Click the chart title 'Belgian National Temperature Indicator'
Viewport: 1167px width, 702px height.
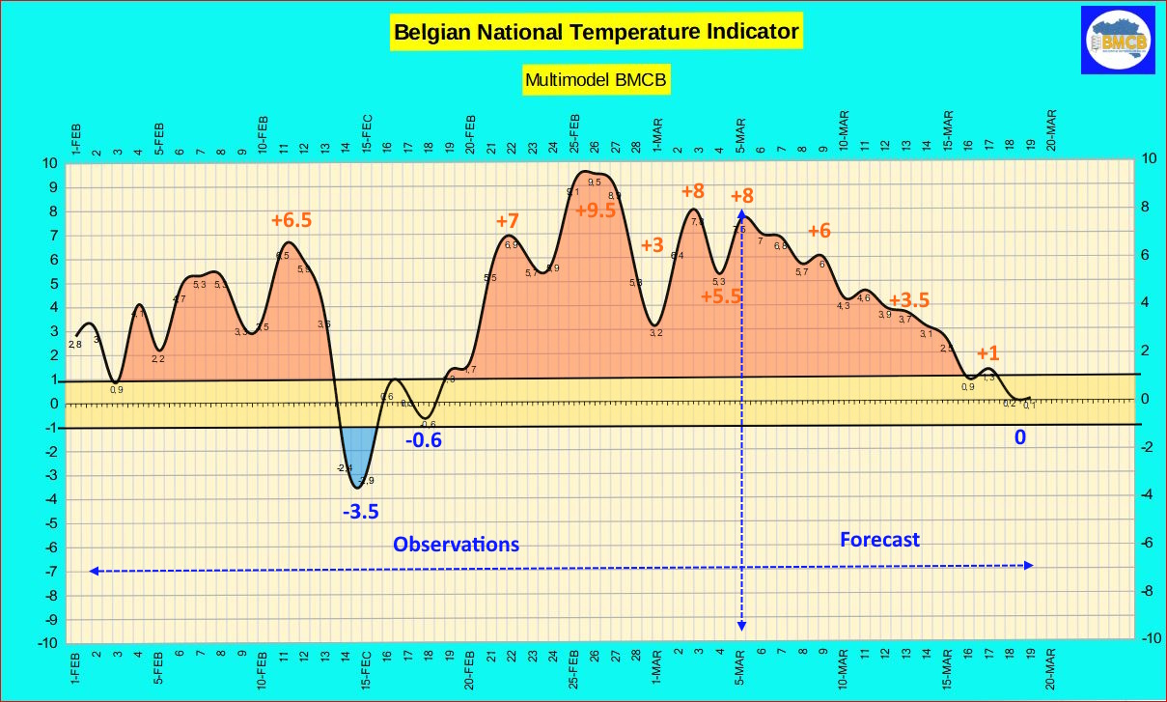coord(597,32)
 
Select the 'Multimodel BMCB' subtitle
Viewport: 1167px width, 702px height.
coord(597,80)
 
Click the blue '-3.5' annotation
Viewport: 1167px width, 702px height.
coord(361,511)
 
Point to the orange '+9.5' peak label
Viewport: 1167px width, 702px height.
coord(595,211)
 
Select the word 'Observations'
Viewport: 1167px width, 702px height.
coord(456,544)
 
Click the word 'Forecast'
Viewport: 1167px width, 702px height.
coord(879,539)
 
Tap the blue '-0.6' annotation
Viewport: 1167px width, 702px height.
coord(423,441)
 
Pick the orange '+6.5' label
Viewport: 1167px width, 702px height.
coord(291,220)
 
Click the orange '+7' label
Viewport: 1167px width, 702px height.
coord(508,221)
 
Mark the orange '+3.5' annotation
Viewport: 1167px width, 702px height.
coord(908,299)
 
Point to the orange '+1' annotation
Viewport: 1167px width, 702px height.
coord(987,353)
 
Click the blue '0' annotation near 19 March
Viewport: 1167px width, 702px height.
coord(1018,437)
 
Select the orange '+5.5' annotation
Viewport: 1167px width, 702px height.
coord(721,296)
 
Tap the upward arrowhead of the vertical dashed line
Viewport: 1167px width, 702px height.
coord(741,215)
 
